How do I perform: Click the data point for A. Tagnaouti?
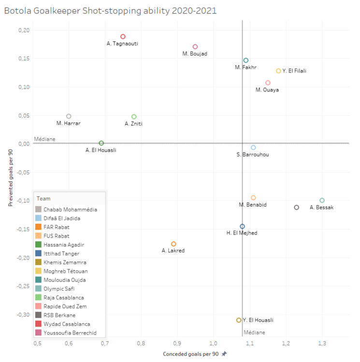tap(123, 37)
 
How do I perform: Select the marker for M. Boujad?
tap(195, 47)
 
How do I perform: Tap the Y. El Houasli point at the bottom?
tap(239, 320)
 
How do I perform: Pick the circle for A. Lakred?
tap(173, 244)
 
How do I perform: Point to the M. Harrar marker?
tap(69, 116)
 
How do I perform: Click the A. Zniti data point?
tap(134, 117)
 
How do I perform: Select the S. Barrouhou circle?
tap(253, 147)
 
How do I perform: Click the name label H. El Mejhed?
tap(242, 233)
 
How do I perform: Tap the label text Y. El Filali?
tap(294, 71)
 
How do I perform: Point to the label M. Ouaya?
tap(267, 90)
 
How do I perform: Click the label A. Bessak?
tap(321, 208)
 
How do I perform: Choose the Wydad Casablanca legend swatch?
tap(38, 324)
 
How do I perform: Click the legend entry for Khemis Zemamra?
tap(65, 262)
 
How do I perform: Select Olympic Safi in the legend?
tap(59, 289)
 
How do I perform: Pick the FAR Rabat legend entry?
tap(57, 227)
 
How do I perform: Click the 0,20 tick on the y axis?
tap(24, 30)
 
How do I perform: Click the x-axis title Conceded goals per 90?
tap(191, 354)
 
